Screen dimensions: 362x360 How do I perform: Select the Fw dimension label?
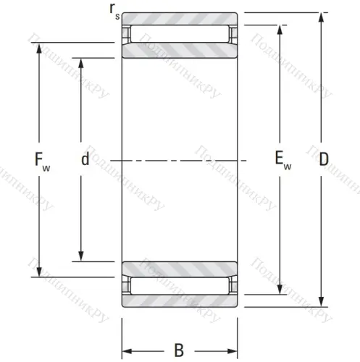click(43, 160)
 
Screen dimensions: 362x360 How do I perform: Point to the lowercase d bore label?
click(85, 160)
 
